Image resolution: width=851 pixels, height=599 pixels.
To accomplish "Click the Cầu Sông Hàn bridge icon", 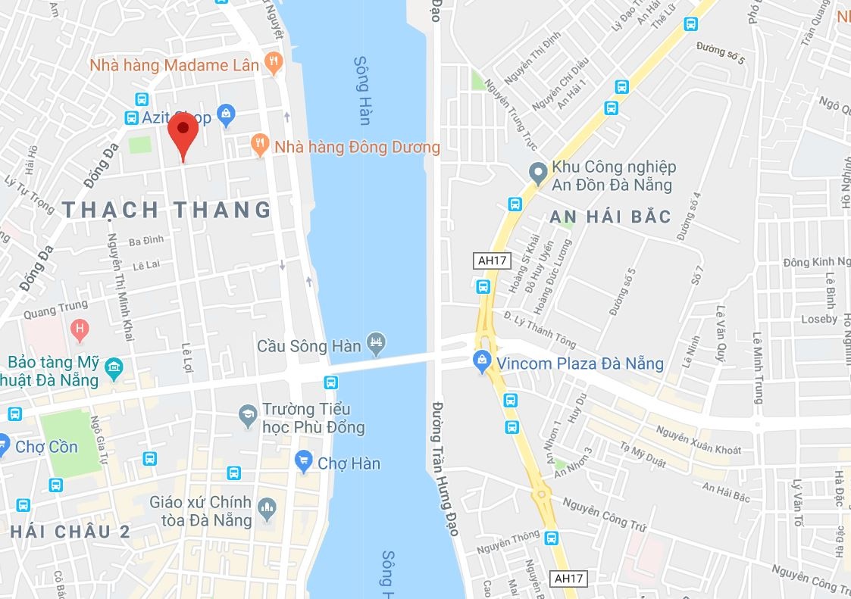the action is pos(376,344).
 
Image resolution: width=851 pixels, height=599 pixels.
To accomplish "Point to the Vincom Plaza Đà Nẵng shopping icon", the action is pos(481,362).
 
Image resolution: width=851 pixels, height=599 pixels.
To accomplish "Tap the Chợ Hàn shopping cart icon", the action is pos(304,460).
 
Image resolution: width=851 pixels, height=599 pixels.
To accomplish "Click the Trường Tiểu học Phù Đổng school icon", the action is pos(248,415).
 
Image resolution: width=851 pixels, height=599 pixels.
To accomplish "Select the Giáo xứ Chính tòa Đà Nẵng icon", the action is pos(267,510).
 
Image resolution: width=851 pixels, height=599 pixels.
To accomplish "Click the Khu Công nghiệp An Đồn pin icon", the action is pos(537,173).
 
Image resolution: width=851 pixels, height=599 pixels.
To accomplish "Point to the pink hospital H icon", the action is pos(78,329).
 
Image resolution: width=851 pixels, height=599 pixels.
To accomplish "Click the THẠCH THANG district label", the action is pos(167,210).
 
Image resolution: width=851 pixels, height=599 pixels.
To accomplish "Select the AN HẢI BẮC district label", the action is pos(611,217).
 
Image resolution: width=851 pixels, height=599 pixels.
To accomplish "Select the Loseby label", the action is pos(819,319).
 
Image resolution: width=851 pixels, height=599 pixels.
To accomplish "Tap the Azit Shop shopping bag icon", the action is pos(226,116).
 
